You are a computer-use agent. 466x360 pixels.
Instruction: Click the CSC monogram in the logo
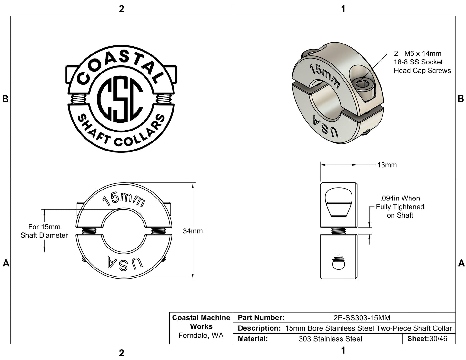coord(120,99)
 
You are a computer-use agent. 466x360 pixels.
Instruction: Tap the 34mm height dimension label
coord(193,231)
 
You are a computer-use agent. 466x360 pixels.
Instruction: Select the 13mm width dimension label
coord(387,165)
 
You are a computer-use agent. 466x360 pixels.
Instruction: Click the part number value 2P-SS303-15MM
coord(362,318)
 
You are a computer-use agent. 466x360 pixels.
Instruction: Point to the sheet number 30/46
coord(438,339)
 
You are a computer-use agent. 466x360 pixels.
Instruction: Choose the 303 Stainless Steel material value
coord(330,339)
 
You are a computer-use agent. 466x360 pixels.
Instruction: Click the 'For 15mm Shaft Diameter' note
coord(44,231)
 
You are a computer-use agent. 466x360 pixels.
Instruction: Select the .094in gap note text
coord(400,207)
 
